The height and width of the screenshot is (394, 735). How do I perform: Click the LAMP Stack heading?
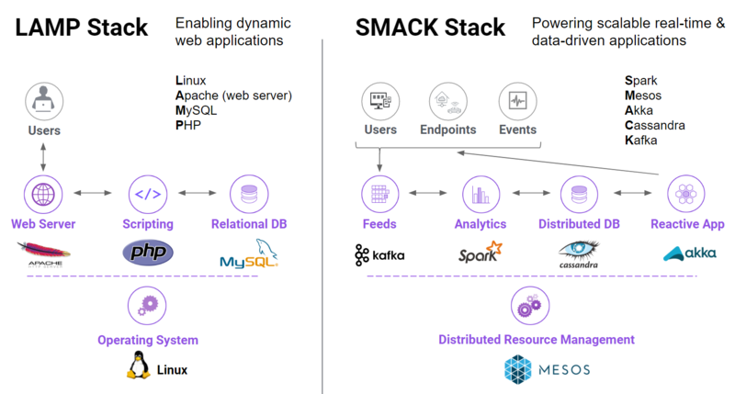81,28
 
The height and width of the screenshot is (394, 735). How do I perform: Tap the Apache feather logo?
44,253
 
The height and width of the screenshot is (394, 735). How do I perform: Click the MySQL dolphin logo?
248,254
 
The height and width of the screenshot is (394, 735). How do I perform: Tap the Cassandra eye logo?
579,253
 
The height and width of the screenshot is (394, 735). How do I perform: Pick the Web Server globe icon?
43,194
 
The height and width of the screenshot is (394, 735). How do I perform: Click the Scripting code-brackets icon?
147,194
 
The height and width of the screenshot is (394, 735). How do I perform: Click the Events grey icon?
517,99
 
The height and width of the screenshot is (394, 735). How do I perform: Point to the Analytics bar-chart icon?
480,194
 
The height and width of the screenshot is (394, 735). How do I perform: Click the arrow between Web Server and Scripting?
95,194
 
